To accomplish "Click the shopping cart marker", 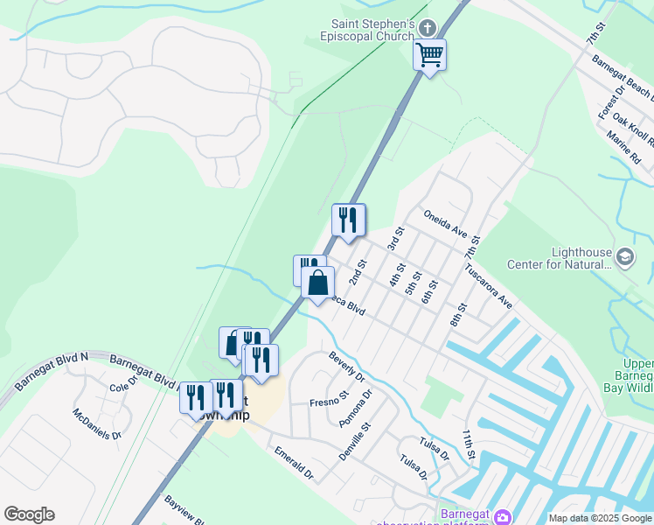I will [429, 55].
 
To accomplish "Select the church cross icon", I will [428, 27].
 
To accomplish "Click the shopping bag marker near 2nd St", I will [317, 282].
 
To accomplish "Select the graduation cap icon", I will [625, 257].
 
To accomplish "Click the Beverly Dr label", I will [346, 367].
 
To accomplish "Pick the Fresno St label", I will [324, 402].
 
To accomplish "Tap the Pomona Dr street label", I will [356, 408].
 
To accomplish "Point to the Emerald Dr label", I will [294, 463].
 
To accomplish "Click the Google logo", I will [29, 514].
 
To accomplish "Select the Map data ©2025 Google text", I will [599, 518].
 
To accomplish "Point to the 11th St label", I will [469, 444].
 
